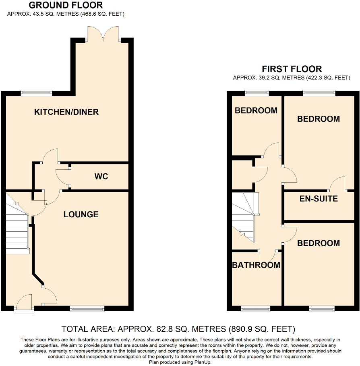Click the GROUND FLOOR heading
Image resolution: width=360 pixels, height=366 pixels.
[x=66, y=5]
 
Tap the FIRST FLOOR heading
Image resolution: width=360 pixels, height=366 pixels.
[x=292, y=69]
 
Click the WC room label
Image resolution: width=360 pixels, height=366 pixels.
[x=101, y=177]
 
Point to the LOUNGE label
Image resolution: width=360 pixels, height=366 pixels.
[x=81, y=214]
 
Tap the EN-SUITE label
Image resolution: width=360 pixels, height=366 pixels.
[x=319, y=199]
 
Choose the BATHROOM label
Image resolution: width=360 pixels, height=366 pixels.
[x=256, y=265]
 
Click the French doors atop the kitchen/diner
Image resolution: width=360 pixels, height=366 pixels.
[x=103, y=35]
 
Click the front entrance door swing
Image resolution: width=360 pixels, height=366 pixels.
[x=23, y=302]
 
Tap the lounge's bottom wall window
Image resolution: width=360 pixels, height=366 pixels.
[x=87, y=309]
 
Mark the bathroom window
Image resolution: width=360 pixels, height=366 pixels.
[x=256, y=309]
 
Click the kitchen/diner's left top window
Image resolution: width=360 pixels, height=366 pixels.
[x=37, y=93]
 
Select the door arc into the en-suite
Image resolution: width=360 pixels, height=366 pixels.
[x=337, y=184]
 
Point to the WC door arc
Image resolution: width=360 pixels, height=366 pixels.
[x=62, y=177]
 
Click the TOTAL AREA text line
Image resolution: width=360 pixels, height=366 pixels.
[x=178, y=329]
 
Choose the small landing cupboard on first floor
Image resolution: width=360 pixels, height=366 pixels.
[x=242, y=175]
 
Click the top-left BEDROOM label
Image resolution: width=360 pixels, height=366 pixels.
[x=256, y=110]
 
